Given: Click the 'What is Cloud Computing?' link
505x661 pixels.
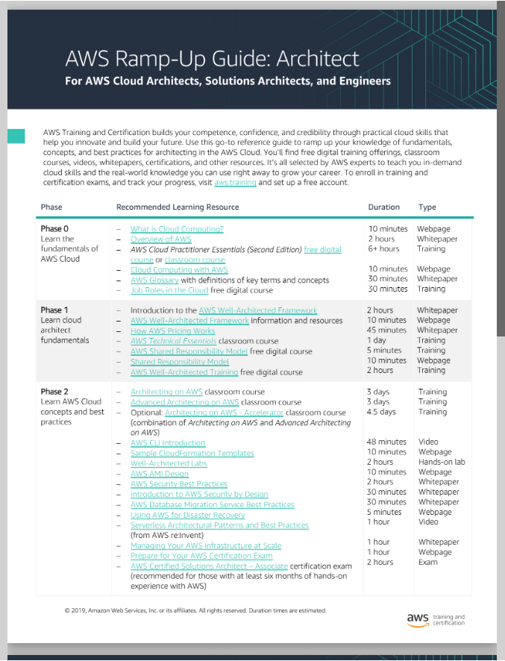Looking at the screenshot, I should (177, 229).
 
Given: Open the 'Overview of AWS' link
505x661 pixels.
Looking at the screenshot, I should (160, 239).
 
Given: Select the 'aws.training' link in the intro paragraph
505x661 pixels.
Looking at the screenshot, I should (235, 182).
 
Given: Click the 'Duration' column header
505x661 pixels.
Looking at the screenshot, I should (383, 207).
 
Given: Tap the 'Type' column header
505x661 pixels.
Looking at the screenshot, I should (427, 207).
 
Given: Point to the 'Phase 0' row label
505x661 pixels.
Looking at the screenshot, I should (54, 229).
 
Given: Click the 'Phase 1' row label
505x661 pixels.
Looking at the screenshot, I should (54, 310).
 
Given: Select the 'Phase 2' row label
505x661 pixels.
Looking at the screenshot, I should (54, 392).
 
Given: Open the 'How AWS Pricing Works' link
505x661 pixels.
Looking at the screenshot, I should (172, 330).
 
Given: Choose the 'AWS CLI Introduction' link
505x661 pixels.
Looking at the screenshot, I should (168, 442).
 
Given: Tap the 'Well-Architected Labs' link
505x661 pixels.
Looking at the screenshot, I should (169, 463).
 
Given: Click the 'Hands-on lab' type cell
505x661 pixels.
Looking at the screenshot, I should (441, 462).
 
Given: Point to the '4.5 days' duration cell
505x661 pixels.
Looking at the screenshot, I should (381, 412).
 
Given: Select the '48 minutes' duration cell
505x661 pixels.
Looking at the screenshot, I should (386, 442).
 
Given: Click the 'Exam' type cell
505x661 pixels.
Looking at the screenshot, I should (427, 563).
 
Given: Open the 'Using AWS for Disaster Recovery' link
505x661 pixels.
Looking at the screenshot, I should (187, 515).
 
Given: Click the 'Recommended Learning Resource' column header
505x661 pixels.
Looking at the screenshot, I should (178, 207).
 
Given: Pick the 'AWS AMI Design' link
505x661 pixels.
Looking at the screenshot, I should (159, 474).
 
